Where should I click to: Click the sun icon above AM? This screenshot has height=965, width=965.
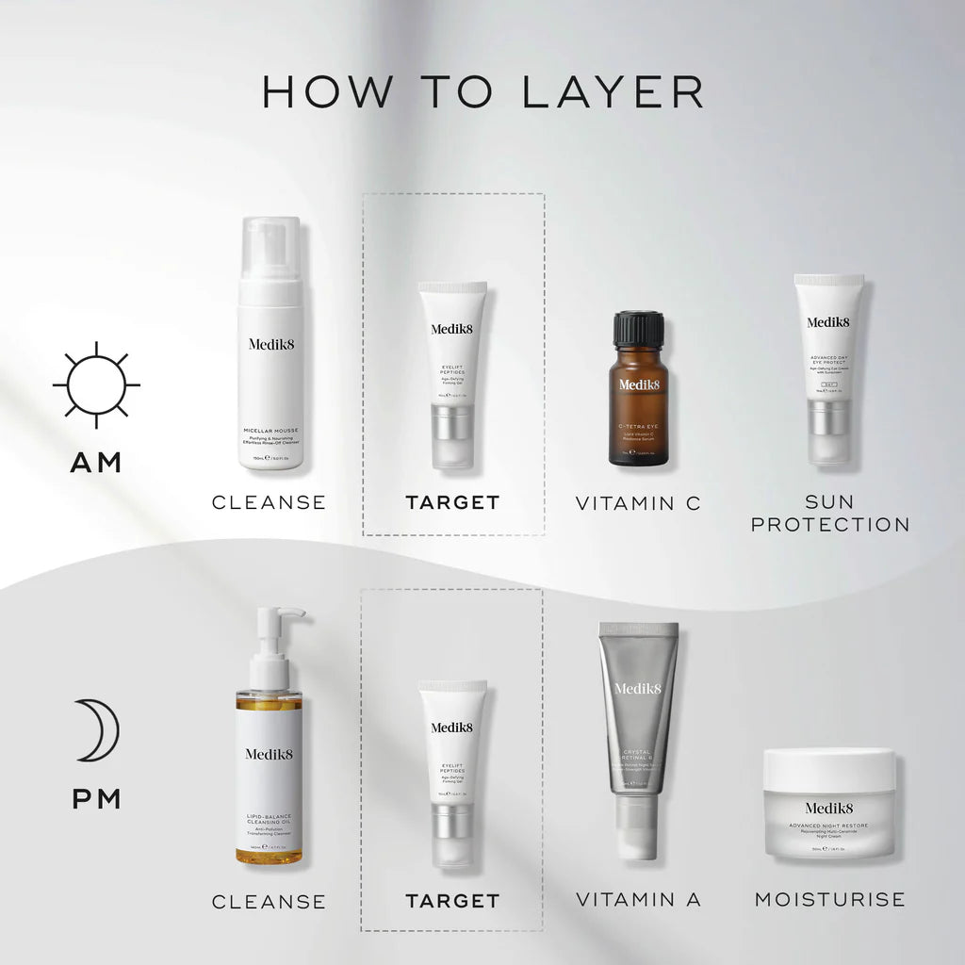96,384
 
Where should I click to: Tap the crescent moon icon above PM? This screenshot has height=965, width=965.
97,729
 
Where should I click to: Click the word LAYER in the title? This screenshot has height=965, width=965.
613,91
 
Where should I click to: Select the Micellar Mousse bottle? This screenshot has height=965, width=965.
270,349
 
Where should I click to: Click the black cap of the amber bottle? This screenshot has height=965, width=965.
638,329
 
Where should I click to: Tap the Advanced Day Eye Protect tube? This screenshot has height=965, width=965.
827,368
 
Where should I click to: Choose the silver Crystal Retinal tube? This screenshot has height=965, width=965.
638,726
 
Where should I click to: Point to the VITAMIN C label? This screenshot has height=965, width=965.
638,503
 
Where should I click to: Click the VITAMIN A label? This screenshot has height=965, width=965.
638,900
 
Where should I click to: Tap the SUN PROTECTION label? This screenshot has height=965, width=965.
829,514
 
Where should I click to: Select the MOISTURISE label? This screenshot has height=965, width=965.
829,900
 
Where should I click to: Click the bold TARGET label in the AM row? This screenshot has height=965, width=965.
452,503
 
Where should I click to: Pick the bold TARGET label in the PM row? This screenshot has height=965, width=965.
452,901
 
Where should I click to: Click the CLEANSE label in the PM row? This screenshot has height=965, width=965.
269,902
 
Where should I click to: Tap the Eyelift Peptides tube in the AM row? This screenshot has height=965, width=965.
452,373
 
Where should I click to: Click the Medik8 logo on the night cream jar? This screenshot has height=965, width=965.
829,808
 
